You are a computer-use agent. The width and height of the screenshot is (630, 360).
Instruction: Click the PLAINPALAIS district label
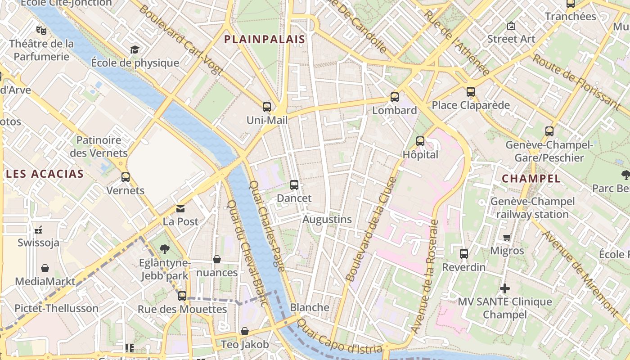coord(265,40)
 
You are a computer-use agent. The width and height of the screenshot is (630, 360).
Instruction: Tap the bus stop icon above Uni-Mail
coord(267,107)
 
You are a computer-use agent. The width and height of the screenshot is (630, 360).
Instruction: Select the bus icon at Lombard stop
coord(395,97)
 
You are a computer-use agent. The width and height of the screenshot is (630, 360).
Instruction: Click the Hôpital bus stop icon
coord(420,141)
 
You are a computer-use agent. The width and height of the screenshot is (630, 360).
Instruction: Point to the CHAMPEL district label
coord(531,179)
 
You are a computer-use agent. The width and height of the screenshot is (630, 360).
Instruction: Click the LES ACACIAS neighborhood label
coord(45,174)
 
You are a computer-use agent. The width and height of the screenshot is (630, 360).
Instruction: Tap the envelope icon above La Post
coord(180,209)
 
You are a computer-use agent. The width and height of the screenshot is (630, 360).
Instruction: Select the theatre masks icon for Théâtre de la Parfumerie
coord(41,31)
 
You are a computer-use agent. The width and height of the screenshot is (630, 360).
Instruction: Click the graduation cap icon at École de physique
coord(135,49)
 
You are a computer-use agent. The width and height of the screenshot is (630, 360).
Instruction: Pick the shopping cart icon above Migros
coord(507,237)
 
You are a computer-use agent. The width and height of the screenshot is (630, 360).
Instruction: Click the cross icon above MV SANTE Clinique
coord(505,288)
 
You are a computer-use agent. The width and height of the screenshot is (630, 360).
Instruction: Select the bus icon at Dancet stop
coord(294,184)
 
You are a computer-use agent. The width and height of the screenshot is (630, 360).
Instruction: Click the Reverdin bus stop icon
coord(464,254)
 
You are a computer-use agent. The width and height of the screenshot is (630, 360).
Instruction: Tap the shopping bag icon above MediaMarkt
coord(45,268)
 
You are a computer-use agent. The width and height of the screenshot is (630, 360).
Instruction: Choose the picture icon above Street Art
coord(511,26)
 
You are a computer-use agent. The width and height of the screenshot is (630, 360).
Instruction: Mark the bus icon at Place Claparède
coord(471,92)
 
